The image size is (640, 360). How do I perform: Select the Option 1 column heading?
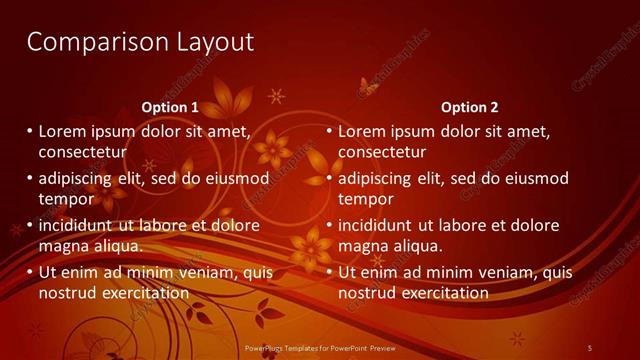[170, 107]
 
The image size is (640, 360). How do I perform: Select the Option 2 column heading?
[469, 107]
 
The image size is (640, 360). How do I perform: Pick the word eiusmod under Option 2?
[534, 178]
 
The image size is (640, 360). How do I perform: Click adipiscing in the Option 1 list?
[83, 179]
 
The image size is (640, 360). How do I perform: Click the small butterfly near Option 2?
[367, 89]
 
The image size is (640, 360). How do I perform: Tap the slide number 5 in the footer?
[589, 347]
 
